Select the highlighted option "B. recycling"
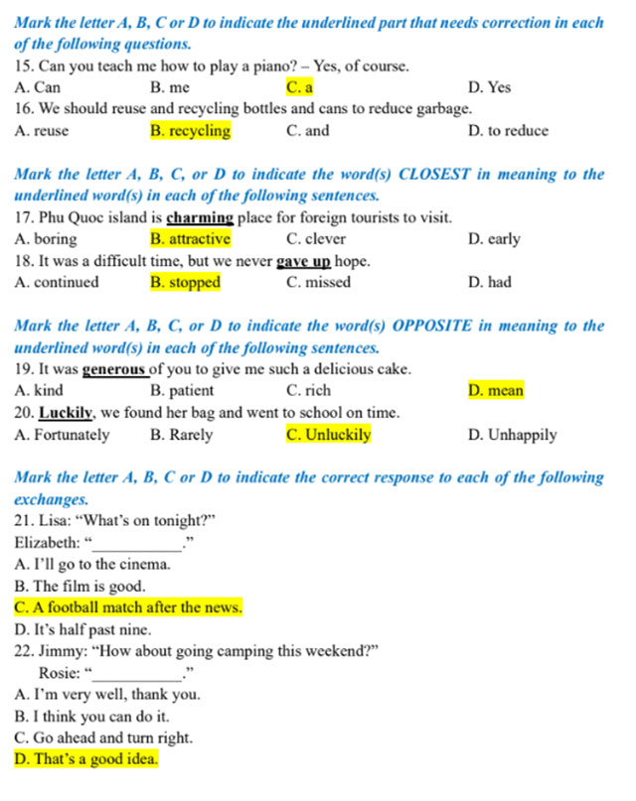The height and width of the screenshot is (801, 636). [x=190, y=131]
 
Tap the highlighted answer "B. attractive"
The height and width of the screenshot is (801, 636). [x=190, y=239]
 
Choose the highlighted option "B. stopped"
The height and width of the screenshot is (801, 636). [x=185, y=283]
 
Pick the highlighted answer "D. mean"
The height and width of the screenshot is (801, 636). [x=495, y=391]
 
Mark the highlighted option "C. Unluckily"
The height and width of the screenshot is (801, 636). [x=328, y=435]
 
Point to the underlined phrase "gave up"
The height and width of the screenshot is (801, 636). [x=303, y=261]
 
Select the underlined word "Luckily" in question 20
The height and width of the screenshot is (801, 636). [x=67, y=413]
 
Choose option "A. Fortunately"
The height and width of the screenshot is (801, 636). [x=63, y=435]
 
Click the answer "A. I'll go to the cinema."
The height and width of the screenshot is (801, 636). [x=92, y=564]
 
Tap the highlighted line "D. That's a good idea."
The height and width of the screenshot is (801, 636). [x=86, y=760]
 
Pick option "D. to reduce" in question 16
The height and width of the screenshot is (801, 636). [x=507, y=131]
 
